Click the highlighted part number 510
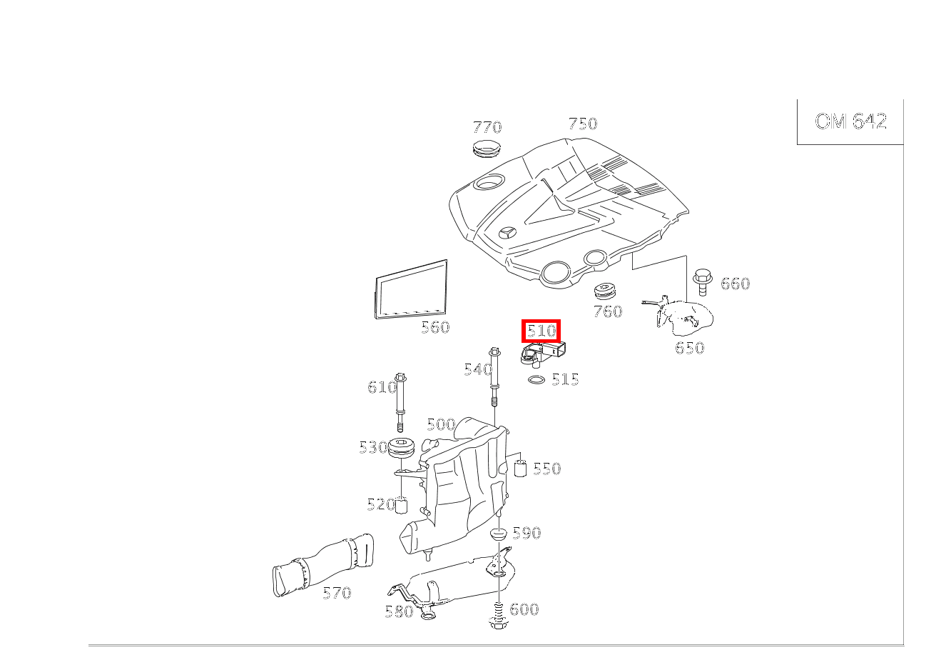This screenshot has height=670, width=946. (x=541, y=331)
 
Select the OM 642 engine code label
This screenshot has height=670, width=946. (x=850, y=121)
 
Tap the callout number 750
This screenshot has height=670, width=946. (x=582, y=124)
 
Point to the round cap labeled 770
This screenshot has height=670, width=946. (x=488, y=149)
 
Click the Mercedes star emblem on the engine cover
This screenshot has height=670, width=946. (x=508, y=234)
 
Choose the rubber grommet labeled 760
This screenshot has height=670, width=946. (x=605, y=291)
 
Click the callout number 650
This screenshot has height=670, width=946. (x=689, y=348)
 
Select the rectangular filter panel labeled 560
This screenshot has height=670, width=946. (x=412, y=289)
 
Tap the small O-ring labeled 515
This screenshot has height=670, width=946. (x=536, y=379)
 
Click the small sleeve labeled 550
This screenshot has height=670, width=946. (x=521, y=469)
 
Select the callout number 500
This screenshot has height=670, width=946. (x=440, y=425)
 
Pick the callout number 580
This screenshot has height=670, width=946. (x=398, y=611)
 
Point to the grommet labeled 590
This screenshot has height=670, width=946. (x=498, y=534)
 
